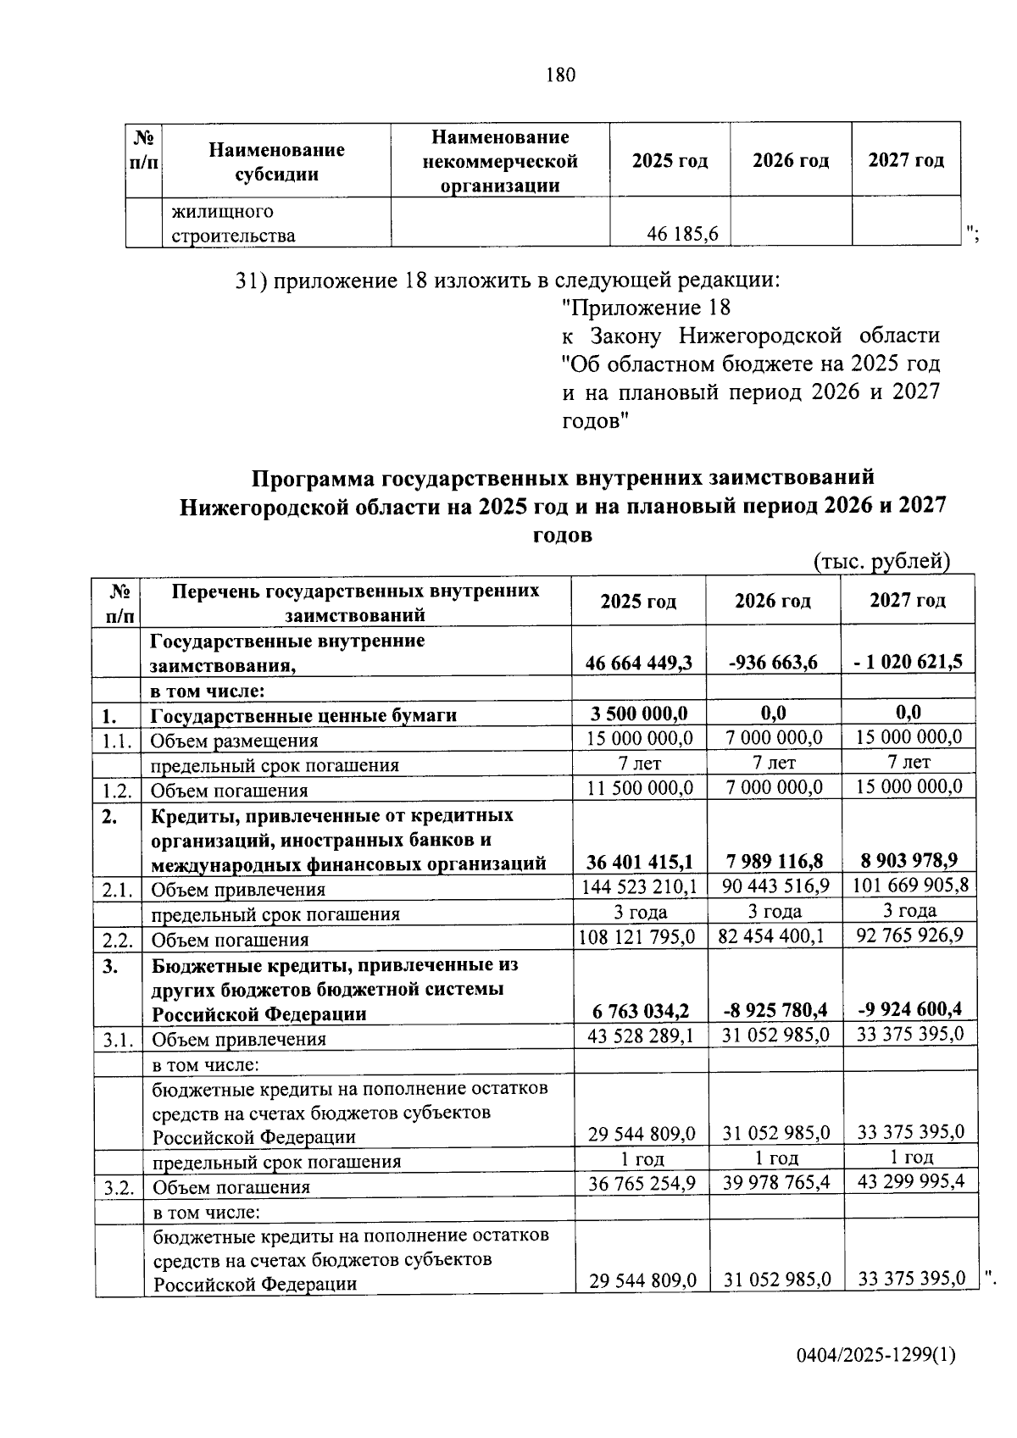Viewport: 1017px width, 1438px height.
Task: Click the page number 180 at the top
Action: coord(560,75)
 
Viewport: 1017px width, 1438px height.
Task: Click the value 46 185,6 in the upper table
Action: coord(682,234)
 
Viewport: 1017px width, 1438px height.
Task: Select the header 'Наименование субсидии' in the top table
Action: coord(276,162)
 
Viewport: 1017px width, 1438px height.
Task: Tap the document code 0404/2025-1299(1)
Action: coord(875,1355)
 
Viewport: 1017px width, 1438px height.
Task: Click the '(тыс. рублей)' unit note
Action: coord(881,561)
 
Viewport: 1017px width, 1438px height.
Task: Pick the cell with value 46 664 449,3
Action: coord(638,663)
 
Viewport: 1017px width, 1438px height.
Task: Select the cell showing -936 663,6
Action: coord(773,663)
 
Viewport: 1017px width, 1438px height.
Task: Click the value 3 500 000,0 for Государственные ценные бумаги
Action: coord(638,713)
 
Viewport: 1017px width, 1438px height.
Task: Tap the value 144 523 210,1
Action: coord(639,886)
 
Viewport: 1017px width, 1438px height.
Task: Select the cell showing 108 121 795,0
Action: coord(637,936)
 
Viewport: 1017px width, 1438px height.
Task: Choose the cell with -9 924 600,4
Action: coord(909,1009)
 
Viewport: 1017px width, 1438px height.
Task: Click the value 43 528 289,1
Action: coord(641,1035)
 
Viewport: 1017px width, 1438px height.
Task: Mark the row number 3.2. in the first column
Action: coord(119,1187)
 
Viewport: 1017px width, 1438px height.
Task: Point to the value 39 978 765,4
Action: coord(776,1182)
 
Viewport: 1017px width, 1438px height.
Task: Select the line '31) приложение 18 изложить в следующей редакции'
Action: coord(507,280)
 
